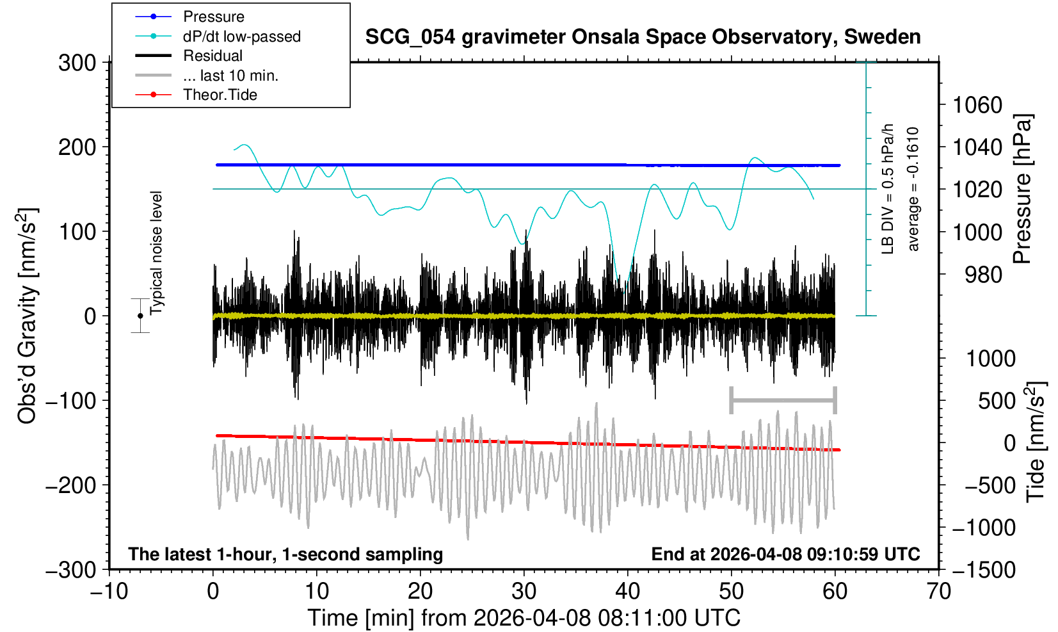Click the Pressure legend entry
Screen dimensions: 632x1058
[213, 17]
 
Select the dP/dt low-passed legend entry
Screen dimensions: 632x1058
[241, 36]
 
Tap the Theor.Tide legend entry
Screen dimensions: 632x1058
[220, 95]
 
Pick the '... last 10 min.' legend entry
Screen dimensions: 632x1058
[230, 76]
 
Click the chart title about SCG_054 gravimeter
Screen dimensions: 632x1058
[643, 37]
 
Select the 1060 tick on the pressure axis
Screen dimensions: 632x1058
[977, 104]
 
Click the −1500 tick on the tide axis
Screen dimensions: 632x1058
[984, 569]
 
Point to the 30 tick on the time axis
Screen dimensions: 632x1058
[524, 590]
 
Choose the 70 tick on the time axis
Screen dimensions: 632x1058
[938, 590]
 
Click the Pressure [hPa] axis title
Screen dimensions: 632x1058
[1023, 189]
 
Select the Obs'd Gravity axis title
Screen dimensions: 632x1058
[28, 316]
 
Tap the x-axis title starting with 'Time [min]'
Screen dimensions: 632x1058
[524, 618]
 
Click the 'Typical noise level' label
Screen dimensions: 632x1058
[156, 253]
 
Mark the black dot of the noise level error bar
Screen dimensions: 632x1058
[140, 316]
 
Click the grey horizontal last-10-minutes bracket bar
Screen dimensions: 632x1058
[783, 401]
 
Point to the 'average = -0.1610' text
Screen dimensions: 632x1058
[913, 189]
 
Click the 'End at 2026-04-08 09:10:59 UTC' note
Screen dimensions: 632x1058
[785, 554]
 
